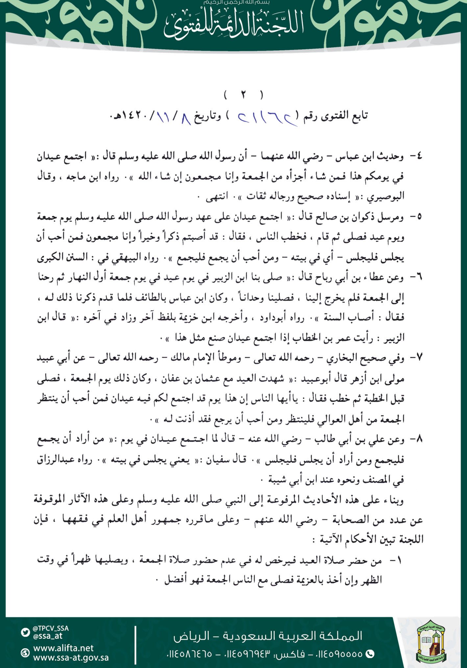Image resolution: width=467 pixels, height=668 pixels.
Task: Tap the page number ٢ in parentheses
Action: point(243,95)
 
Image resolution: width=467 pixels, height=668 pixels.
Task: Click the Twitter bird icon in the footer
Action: point(25,632)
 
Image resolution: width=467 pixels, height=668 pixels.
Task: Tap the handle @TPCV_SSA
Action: point(51,628)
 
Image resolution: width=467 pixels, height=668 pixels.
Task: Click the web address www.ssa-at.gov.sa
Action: point(71,658)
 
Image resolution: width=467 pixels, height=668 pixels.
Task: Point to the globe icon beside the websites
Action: point(25,653)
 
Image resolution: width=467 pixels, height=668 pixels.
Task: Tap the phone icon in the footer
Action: point(370,654)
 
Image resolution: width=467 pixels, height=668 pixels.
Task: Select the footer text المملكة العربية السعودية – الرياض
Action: point(268,636)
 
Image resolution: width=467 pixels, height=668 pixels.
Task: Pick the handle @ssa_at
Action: point(48,636)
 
